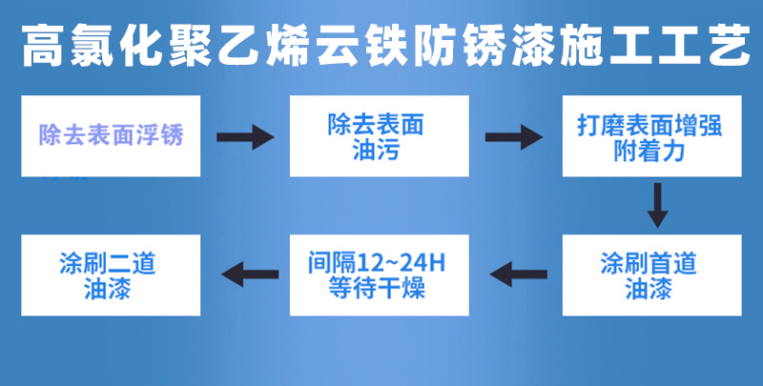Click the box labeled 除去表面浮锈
111,136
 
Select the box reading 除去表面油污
379,136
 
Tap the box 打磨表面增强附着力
652,136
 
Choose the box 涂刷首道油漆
652,275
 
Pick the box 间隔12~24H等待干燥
379,275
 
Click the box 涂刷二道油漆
111,275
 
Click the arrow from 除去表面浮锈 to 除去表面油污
245,137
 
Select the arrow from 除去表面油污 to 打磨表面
514,137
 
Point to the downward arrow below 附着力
657,205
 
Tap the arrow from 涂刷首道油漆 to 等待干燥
518,274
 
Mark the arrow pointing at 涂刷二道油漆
250,274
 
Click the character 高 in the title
43,46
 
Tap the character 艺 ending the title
729,46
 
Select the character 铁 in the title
385,46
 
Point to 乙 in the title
238,46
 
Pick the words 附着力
650,152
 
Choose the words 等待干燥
377,288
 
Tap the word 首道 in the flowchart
673,263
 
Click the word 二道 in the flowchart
132,263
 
